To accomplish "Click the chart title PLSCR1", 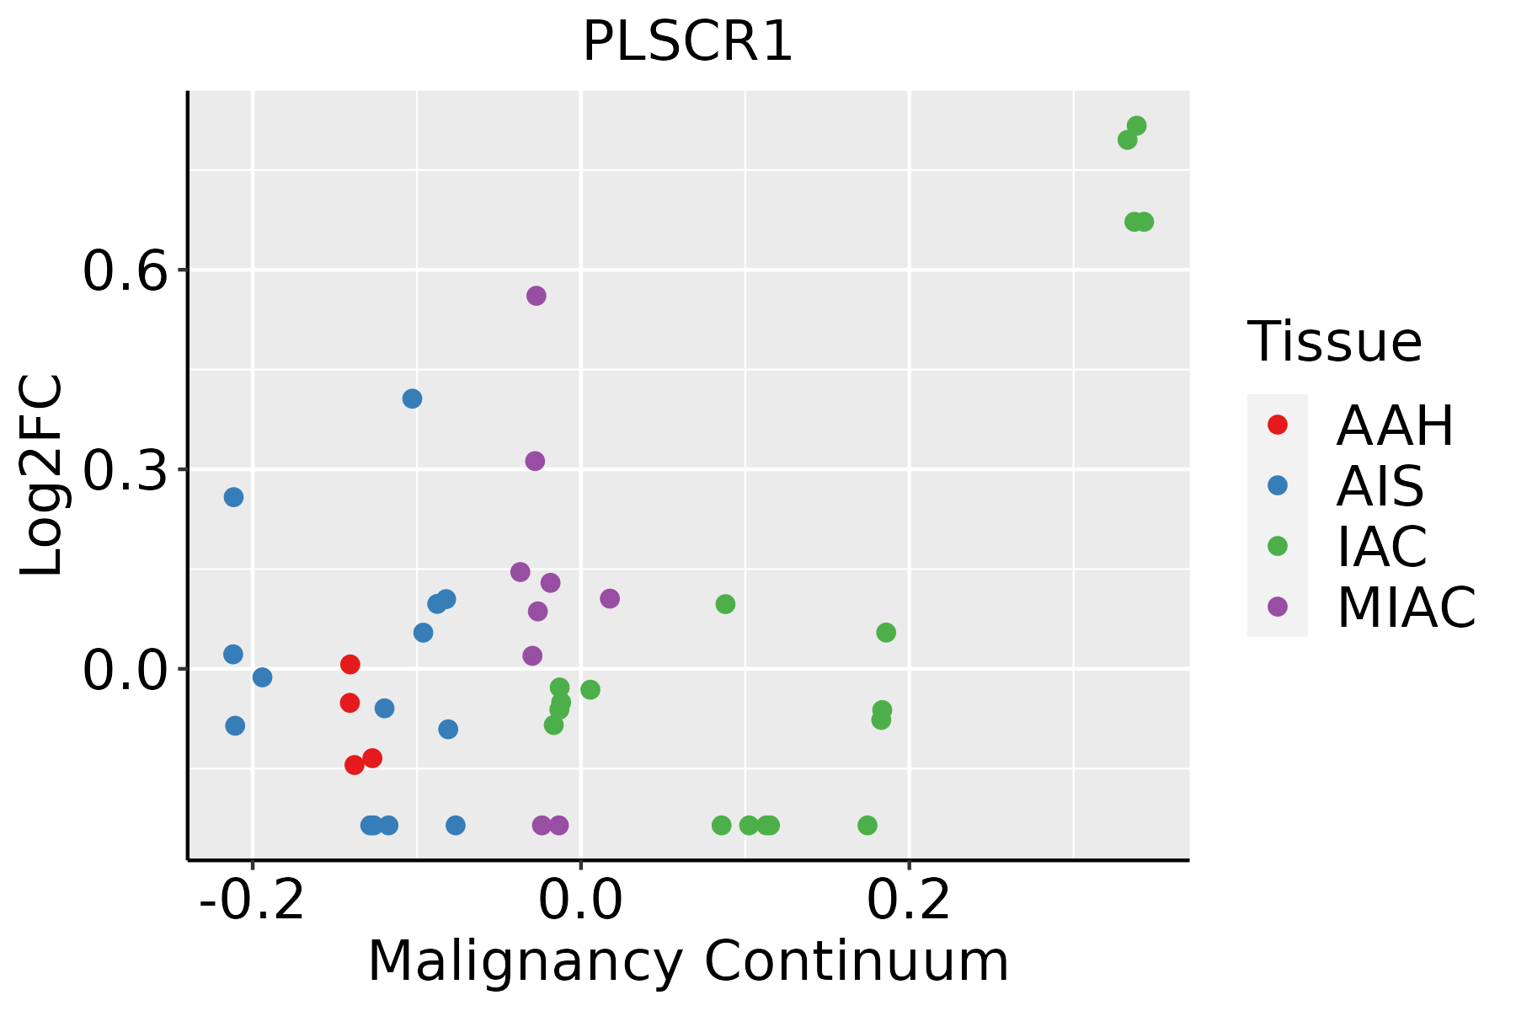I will point(687,42).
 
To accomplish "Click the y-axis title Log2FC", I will point(42,476).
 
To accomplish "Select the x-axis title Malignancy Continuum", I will point(687,961).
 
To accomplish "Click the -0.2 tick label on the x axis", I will point(251,901).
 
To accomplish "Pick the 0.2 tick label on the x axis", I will point(909,901).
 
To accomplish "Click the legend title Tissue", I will point(1335,342).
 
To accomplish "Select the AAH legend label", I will point(1395,425).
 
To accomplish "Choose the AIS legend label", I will point(1380,486).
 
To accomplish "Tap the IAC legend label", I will point(1382,546).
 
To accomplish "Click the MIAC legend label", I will point(1406,607).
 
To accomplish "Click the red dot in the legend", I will point(1277,425).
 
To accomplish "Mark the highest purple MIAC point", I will point(536,296).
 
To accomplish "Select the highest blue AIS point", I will point(412,399).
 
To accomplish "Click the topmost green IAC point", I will point(1136,126).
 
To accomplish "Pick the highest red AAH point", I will point(350,665).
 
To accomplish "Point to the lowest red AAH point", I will point(355,765).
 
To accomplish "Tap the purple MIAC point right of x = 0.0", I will point(610,599).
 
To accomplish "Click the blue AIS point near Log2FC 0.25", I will point(233,497).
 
